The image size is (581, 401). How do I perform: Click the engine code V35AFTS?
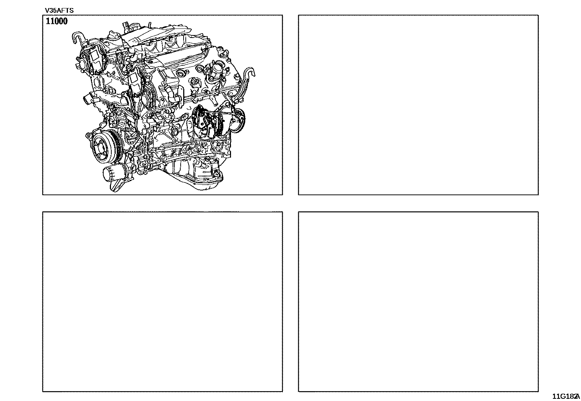[59, 11]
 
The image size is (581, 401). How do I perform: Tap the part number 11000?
[57, 21]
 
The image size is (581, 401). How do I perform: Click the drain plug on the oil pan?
[216, 174]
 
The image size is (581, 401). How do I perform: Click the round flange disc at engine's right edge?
[238, 120]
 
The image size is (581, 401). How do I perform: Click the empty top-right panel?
[418, 105]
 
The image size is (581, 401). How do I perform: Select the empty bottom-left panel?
[163, 302]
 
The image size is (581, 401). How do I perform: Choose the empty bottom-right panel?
[418, 302]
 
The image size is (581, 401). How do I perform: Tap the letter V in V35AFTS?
[47, 11]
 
